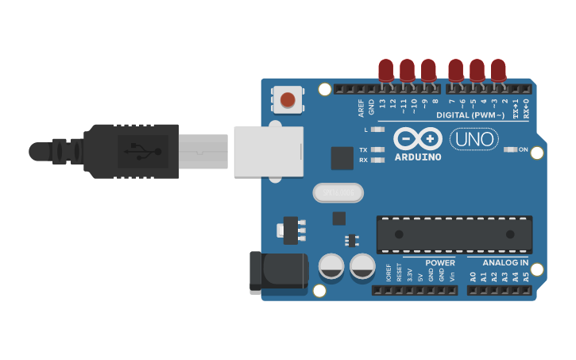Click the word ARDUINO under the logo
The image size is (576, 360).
pos(417,157)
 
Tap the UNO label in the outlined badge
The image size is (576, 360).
pos(474,139)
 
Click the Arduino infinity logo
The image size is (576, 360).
pos(417,138)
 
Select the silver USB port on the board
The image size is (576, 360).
pos(269,151)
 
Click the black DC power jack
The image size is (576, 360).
pos(278,270)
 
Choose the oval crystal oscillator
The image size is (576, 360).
pos(338,192)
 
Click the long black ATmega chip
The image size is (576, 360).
pos(454,234)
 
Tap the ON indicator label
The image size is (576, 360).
pos(523,149)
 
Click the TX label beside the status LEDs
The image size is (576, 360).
pos(363,149)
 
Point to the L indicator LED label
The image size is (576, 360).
pos(366,129)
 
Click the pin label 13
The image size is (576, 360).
pos(383,103)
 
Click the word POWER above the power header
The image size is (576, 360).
pos(440,263)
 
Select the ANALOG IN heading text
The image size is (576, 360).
pos(505,263)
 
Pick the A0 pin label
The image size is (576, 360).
pos(473,277)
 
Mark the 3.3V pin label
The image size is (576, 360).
pos(410,276)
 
